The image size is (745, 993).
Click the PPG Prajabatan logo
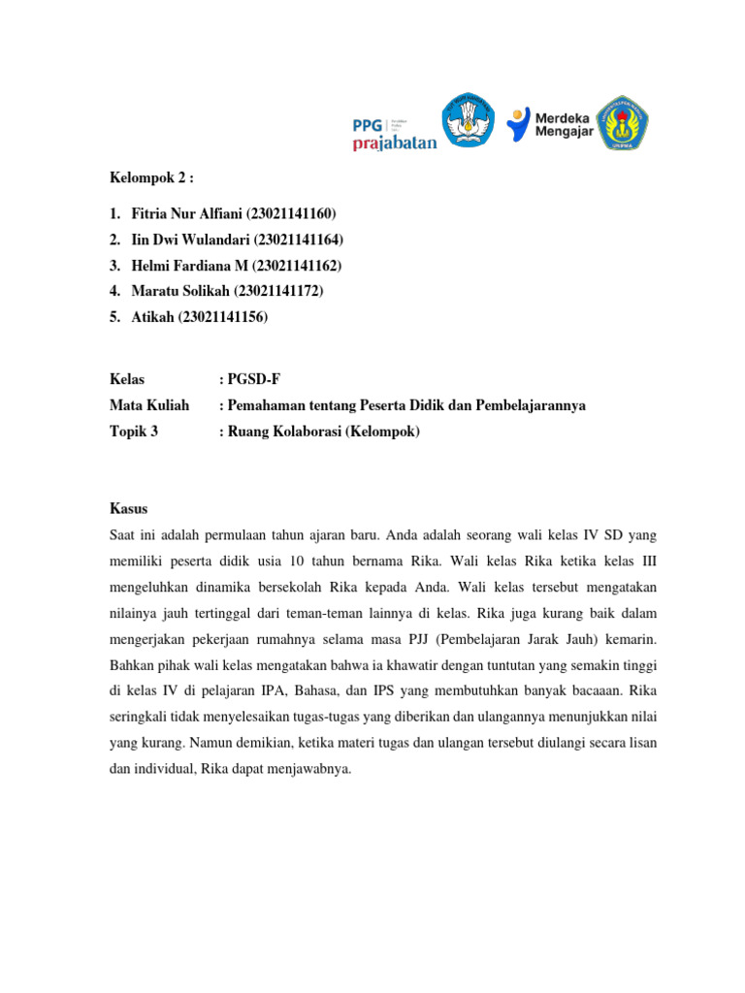(393, 133)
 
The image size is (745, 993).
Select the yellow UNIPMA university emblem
(622, 121)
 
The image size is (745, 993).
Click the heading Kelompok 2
(150, 178)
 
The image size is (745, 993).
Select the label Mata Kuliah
(148, 405)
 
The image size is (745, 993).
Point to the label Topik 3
(134, 432)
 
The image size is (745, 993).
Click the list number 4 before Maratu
(114, 291)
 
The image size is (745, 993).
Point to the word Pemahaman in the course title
(267, 405)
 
